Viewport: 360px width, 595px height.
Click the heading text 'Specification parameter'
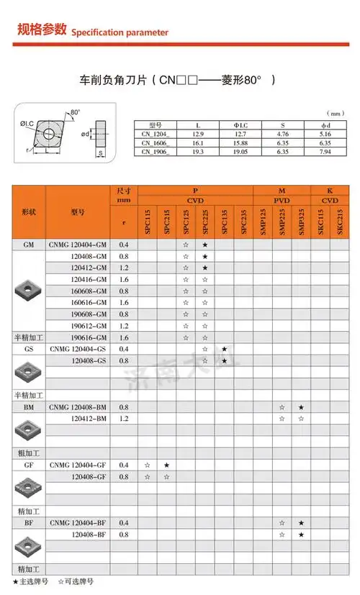coord(120,32)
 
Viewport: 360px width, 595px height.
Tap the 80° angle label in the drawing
coord(76,112)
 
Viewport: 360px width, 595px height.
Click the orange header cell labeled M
coord(282,190)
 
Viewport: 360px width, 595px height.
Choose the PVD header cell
coord(282,201)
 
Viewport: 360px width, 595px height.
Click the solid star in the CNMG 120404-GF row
coord(166,465)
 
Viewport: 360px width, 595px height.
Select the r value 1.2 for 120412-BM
coord(124,419)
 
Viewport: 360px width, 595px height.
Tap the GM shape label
coord(29,245)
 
